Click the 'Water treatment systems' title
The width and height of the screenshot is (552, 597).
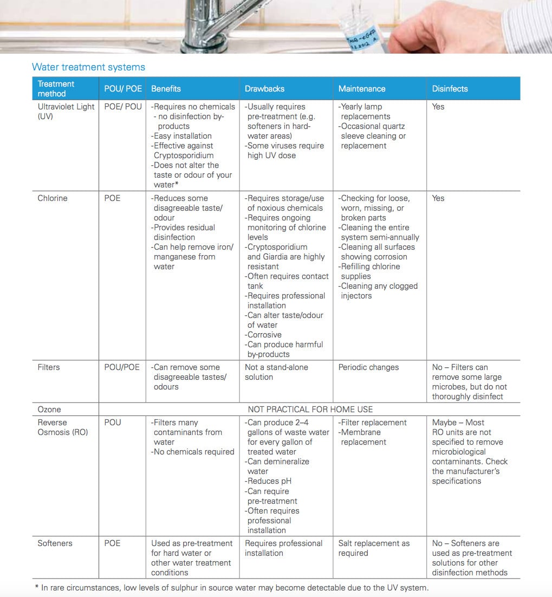[x=88, y=67]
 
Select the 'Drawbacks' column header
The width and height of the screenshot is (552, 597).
[x=264, y=89]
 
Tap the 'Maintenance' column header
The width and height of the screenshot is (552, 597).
[x=362, y=89]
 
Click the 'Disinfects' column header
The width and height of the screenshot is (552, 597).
[x=450, y=89]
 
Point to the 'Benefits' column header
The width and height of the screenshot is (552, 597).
[x=166, y=89]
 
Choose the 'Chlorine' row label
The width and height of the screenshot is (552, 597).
[x=53, y=198]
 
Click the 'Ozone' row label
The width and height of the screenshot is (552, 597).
[x=49, y=410]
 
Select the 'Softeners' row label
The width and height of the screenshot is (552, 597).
[x=55, y=543]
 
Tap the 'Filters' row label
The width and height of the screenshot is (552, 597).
[x=49, y=367]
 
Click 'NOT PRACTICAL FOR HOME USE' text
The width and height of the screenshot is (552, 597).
[x=310, y=410]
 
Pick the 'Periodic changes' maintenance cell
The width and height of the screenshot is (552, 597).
[x=368, y=367]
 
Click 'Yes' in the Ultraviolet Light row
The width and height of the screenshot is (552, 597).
[x=438, y=107]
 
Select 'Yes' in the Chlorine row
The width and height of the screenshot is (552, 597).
[x=438, y=198]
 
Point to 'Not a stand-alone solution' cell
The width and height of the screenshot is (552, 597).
[x=276, y=372]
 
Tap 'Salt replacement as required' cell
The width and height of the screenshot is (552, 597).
[x=374, y=548]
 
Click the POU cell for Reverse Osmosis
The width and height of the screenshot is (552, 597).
[x=113, y=423]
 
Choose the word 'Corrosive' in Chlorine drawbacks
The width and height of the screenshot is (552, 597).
[x=264, y=335]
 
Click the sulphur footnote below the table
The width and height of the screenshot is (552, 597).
[x=235, y=588]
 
